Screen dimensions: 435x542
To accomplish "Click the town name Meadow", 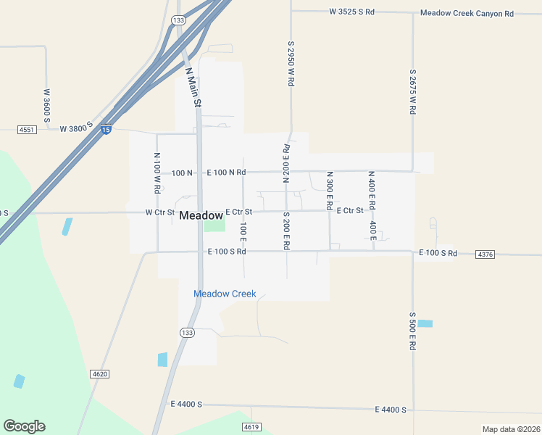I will click(201, 215).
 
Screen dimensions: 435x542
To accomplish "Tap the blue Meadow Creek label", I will click(225, 294).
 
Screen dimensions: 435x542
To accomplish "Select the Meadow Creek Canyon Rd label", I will click(467, 13).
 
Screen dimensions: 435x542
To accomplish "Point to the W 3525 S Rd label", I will click(351, 12).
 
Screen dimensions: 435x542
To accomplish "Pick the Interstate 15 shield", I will click(107, 130).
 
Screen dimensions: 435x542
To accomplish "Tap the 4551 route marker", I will click(27, 130).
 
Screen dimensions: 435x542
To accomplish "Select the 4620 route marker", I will click(100, 373).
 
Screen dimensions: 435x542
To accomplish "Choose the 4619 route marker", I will click(251, 426).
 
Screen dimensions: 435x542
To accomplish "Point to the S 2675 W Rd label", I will click(412, 92).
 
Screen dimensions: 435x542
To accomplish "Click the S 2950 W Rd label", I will click(290, 64).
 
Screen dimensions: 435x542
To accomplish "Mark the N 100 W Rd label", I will click(157, 173).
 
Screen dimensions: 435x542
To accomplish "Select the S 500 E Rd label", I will click(412, 331).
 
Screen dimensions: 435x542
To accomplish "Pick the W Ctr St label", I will click(160, 212).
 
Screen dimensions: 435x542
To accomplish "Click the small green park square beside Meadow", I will click(214, 225).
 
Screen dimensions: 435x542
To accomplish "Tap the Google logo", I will click(24, 426).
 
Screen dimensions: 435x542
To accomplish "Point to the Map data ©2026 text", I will click(510, 429).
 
